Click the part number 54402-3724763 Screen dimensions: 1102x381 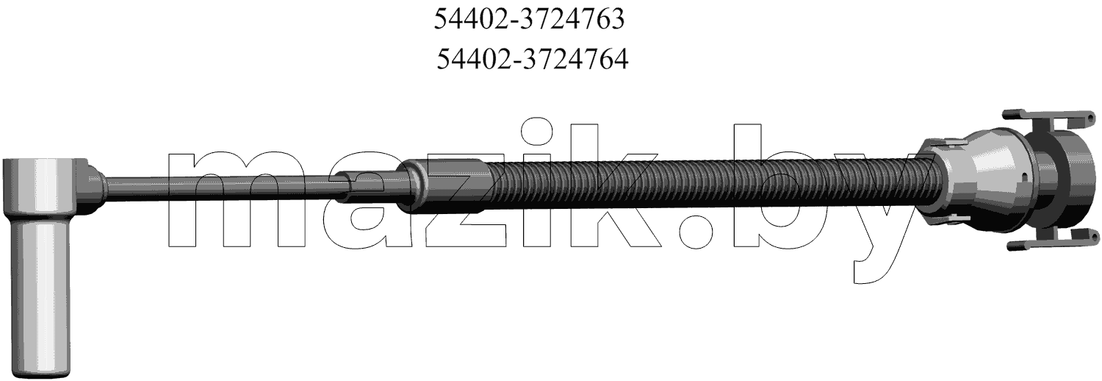[x=530, y=20]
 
